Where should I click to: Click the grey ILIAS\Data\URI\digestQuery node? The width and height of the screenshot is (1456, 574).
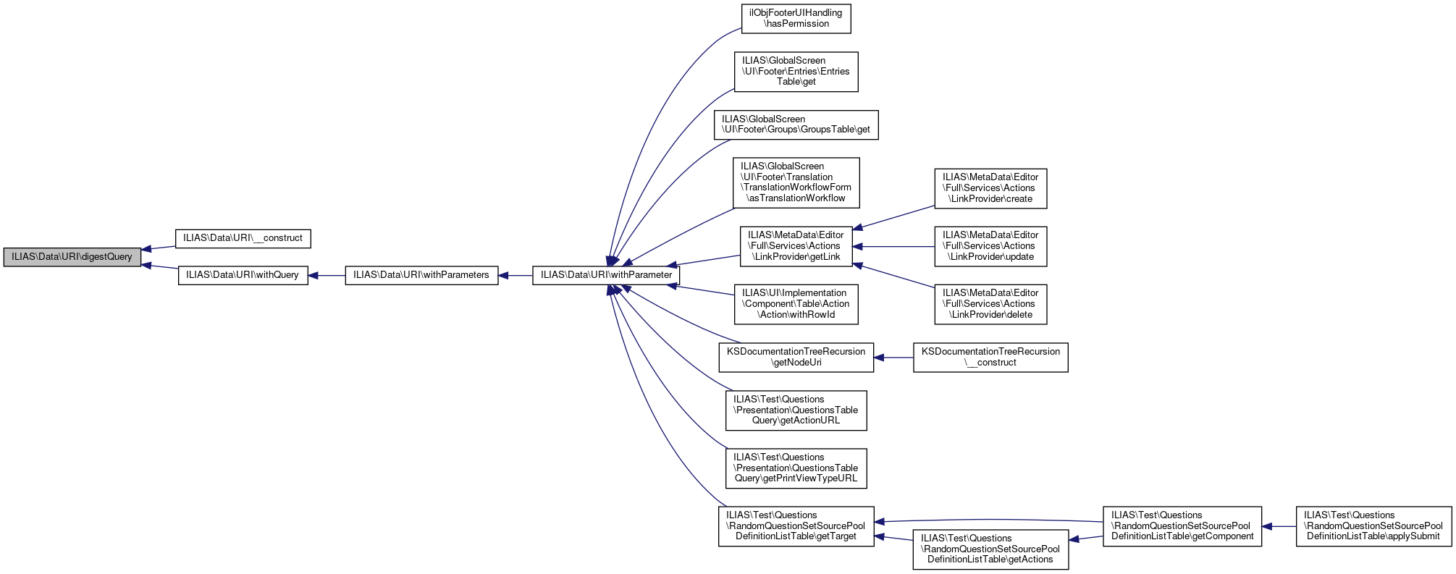tap(72, 257)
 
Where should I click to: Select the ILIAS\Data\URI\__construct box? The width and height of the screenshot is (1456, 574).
tap(243, 238)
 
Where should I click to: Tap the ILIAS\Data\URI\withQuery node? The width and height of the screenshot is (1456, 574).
tap(243, 275)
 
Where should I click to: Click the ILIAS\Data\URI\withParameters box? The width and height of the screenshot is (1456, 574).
tap(421, 275)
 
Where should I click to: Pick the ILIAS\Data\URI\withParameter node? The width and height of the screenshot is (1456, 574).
tap(606, 275)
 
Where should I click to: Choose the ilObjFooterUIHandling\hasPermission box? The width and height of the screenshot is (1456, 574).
tap(796, 19)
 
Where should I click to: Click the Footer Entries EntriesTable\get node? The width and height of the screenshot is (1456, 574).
tap(796, 72)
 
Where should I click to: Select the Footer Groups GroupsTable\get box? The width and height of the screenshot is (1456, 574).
tap(796, 124)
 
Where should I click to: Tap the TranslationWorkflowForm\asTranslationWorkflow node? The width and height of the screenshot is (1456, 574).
tap(796, 182)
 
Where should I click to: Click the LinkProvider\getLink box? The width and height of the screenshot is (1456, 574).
tap(796, 246)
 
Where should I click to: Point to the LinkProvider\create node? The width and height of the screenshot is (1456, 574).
tap(990, 188)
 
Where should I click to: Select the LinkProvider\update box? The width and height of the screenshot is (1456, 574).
tap(990, 246)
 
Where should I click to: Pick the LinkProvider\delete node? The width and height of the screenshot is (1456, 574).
tap(990, 304)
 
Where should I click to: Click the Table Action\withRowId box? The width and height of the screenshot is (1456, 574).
tap(796, 304)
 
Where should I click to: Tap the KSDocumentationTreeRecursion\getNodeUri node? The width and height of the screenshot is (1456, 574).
tap(796, 358)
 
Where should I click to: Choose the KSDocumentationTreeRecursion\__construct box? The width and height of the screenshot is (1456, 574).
tap(990, 358)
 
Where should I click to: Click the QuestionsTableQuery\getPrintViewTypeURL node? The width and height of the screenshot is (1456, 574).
tap(796, 468)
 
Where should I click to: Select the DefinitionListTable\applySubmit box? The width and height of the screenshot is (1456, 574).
tap(1373, 526)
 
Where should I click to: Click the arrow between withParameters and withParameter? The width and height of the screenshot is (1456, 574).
tap(516, 276)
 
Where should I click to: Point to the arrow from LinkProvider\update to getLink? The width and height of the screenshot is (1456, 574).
tap(894, 247)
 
